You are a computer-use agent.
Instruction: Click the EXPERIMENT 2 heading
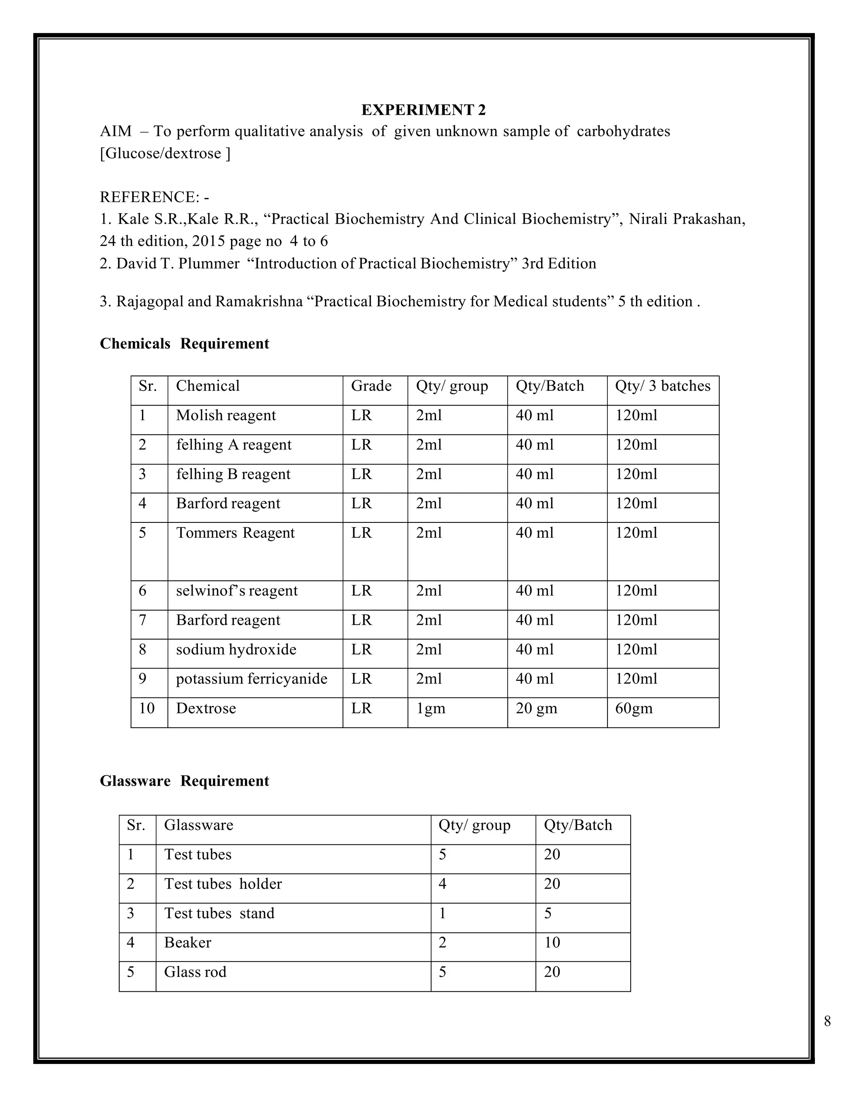424,110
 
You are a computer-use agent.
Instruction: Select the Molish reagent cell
226,415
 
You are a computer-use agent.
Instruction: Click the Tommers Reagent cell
235,533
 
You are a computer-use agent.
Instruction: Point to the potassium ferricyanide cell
251,679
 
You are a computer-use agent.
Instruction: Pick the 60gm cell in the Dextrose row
634,708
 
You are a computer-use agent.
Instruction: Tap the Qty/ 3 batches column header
662,386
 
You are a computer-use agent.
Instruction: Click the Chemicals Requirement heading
184,344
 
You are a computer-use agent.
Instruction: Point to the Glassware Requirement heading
184,781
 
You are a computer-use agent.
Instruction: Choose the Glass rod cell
195,972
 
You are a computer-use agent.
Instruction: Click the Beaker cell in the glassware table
188,943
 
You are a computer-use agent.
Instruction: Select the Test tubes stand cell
219,913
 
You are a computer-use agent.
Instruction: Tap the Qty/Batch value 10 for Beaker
552,943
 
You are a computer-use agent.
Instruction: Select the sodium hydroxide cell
236,650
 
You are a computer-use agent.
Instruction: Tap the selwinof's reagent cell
236,591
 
